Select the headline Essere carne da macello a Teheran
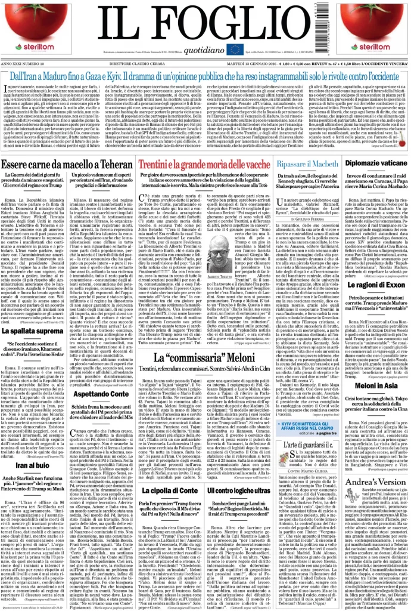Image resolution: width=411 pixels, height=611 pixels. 67,165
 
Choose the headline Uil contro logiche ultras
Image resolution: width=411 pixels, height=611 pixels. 238,507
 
